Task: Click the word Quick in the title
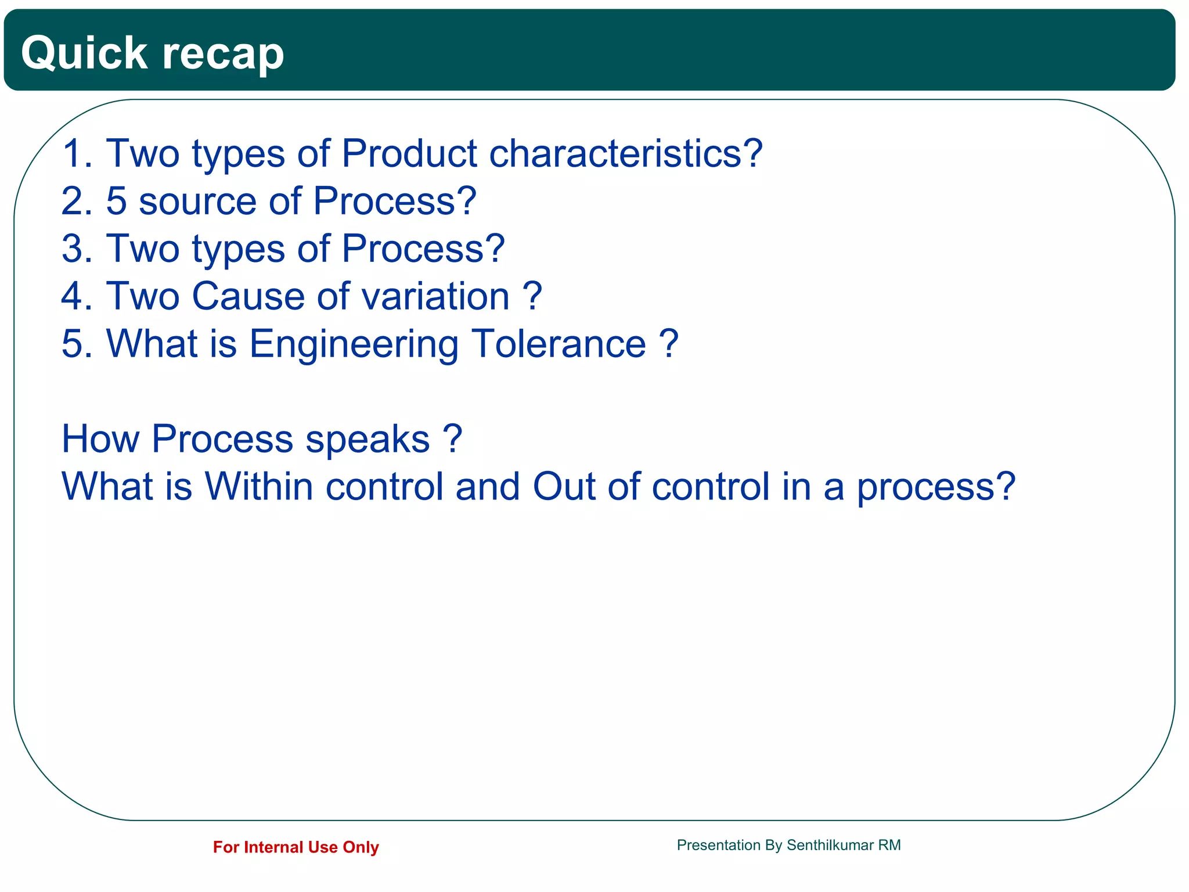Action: [x=84, y=53]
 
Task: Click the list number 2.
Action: [x=73, y=202]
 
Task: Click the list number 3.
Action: [x=73, y=249]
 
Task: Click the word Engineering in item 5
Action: [x=354, y=344]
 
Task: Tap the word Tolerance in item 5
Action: [x=558, y=344]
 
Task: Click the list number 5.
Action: [x=73, y=344]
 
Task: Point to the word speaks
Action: [x=367, y=440]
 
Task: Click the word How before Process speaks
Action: [x=100, y=440]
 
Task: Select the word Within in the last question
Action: [x=259, y=487]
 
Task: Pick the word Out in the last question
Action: [x=563, y=487]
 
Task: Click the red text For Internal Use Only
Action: [x=296, y=847]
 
